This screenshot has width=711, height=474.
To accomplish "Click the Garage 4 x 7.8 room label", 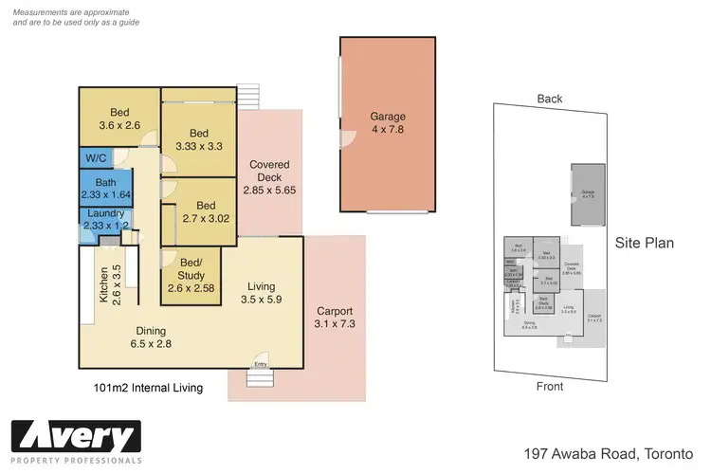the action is click(387, 123).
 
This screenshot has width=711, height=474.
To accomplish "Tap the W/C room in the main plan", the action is click(95, 158).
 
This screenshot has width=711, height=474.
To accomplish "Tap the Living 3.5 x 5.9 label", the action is click(261, 293).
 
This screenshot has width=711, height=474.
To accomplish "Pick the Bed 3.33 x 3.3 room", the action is click(199, 139).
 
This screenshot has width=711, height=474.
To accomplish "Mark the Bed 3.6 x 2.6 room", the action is click(118, 117).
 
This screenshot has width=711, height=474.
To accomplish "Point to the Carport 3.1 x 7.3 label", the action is click(334, 318).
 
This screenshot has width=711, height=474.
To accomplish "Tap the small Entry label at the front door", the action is click(260, 364).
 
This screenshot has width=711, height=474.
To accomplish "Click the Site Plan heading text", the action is click(645, 243).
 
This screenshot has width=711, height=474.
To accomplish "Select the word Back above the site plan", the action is click(550, 99).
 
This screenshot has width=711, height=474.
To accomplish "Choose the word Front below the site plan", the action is click(550, 386).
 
